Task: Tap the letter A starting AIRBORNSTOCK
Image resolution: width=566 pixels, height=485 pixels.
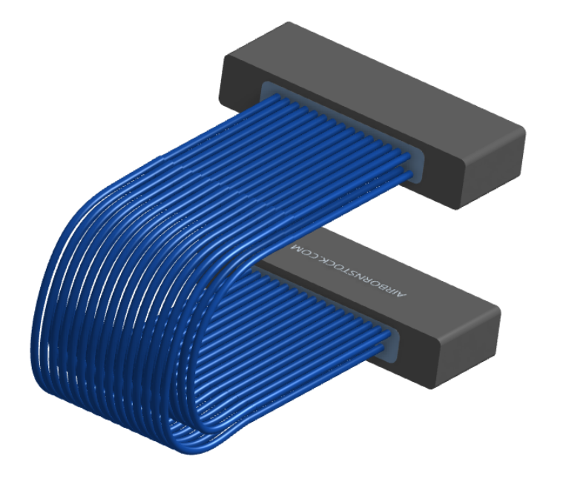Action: (403, 294)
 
